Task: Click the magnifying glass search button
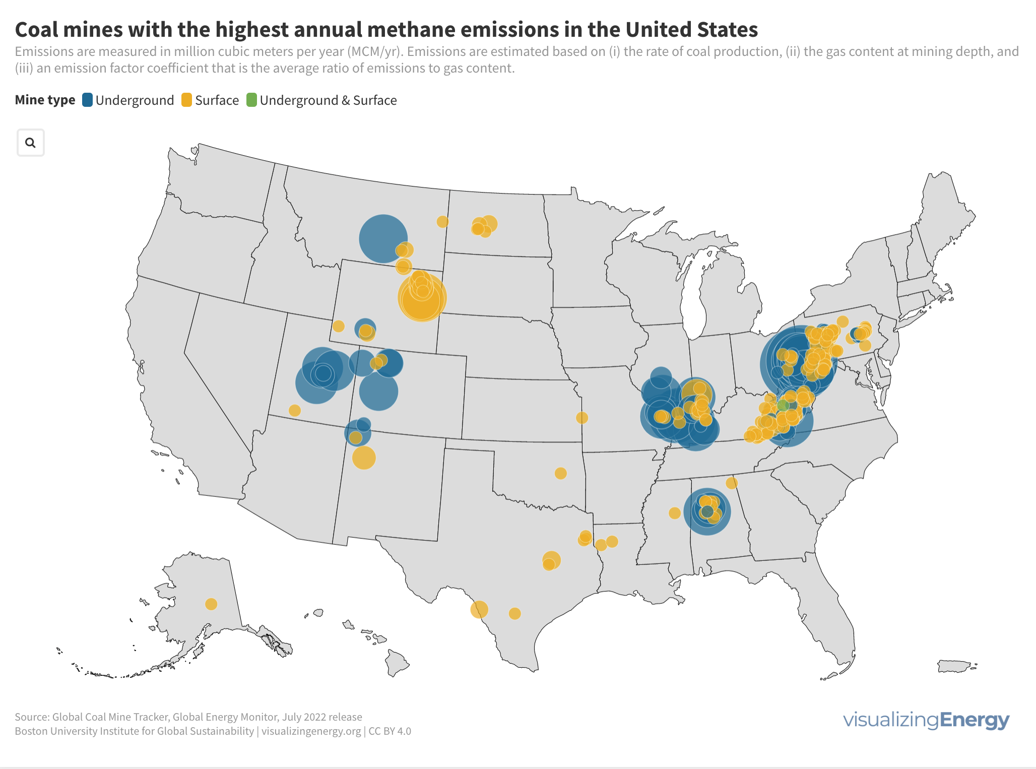click(31, 143)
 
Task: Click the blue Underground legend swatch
click(87, 100)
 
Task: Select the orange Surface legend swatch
click(186, 100)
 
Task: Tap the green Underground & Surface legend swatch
click(251, 100)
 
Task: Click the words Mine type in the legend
click(45, 100)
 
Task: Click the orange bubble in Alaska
click(211, 604)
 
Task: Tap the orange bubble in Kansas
click(582, 418)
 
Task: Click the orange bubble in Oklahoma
click(560, 473)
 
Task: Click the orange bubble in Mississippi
click(675, 513)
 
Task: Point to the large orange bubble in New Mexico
click(364, 458)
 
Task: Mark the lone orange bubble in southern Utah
click(295, 410)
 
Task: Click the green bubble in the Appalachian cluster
click(783, 405)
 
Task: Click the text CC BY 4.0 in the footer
click(390, 731)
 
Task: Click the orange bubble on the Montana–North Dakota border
click(442, 222)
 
